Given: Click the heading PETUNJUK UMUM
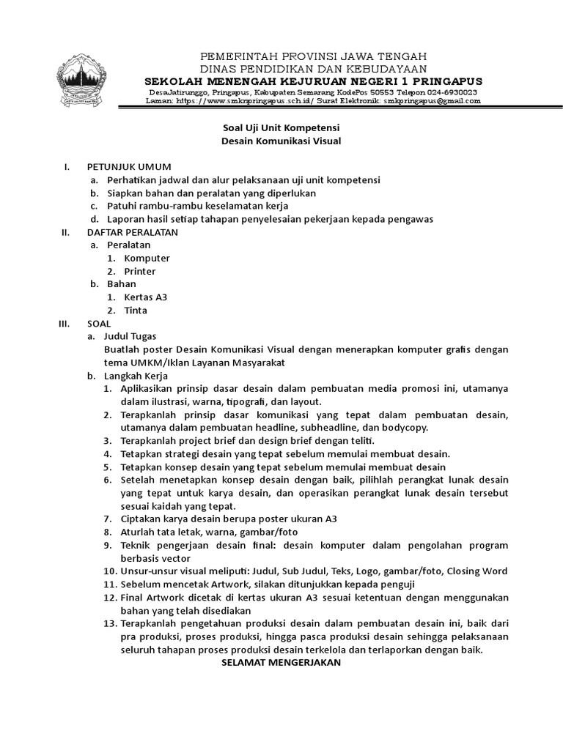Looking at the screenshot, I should pyautogui.click(x=129, y=166).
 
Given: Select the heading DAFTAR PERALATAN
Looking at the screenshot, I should pyautogui.click(x=133, y=232).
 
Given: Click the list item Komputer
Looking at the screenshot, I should pyautogui.click(x=147, y=258).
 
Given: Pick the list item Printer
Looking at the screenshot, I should pyautogui.click(x=139, y=271).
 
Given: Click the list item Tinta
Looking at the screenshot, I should pyautogui.click(x=136, y=310).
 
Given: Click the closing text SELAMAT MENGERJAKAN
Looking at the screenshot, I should pyautogui.click(x=281, y=663).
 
